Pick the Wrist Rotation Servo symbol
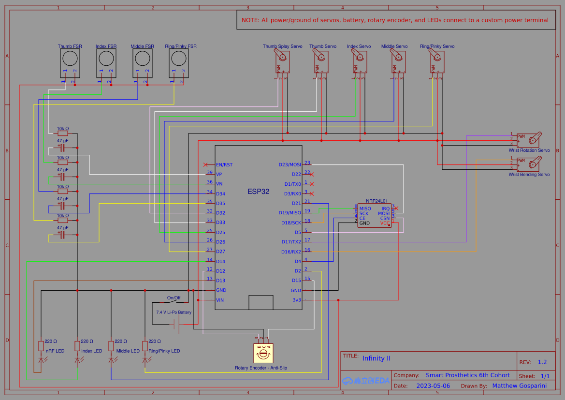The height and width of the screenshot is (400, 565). (x=529, y=139)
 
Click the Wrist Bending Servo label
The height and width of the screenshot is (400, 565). (x=529, y=174)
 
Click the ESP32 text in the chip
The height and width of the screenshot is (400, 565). (x=258, y=192)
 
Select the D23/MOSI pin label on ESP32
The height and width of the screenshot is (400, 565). (x=290, y=164)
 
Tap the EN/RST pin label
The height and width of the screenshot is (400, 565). (x=224, y=165)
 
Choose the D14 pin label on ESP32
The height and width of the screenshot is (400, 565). (x=220, y=262)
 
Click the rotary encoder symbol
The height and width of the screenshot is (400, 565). (x=263, y=354)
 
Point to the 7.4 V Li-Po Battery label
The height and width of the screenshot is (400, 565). (x=174, y=312)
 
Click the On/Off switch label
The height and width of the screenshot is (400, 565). (x=174, y=297)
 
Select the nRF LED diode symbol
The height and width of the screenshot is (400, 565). (x=41, y=360)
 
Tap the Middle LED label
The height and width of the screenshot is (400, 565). (x=128, y=351)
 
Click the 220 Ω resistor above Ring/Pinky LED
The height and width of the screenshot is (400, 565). (x=145, y=346)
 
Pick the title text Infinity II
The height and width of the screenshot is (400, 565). (x=376, y=358)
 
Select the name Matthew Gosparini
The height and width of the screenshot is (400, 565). (x=520, y=386)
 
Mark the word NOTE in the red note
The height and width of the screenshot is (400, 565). (x=250, y=20)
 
